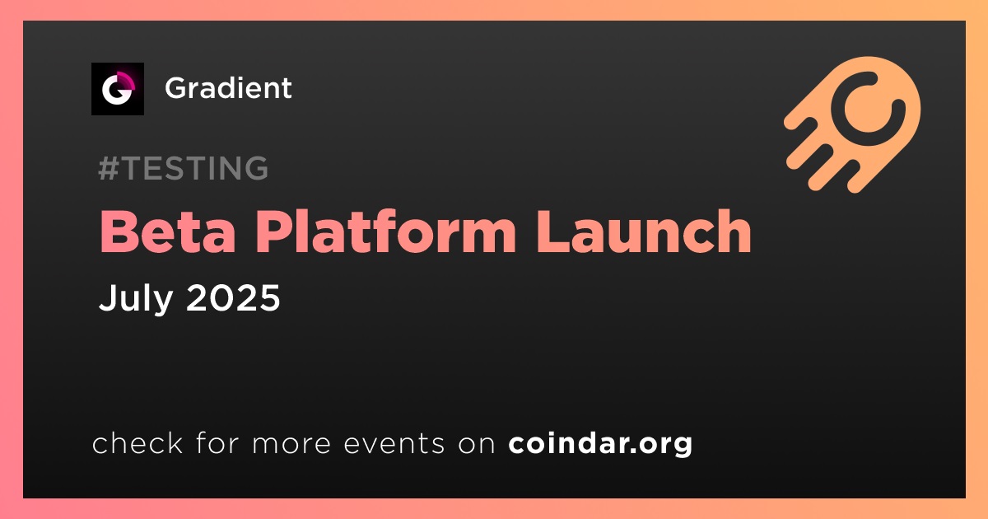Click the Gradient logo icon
click(117, 89)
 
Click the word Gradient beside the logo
click(228, 88)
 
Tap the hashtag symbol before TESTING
click(108, 168)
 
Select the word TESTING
click(195, 168)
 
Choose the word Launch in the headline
click(644, 231)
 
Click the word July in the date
click(136, 298)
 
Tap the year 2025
click(233, 297)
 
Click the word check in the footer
click(137, 443)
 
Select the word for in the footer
click(217, 443)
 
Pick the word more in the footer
click(291, 444)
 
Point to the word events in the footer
click(394, 444)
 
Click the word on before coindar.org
click(477, 444)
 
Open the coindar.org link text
click(600, 444)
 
